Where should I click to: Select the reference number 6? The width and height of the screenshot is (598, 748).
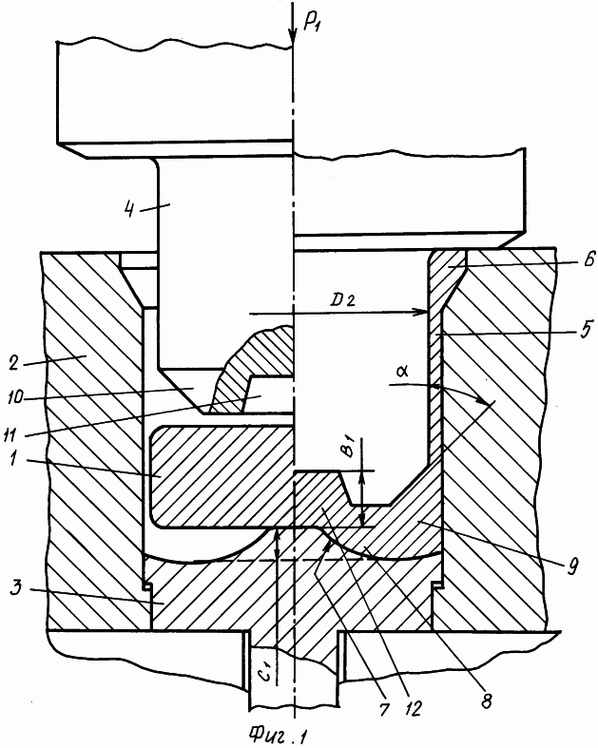589,260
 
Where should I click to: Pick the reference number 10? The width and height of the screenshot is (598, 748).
15,398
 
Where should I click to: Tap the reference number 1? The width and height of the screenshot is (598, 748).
14,461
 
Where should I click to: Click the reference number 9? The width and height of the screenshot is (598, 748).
572,566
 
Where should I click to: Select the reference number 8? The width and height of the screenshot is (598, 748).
486,700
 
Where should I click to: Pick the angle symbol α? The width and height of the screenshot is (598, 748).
402,372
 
